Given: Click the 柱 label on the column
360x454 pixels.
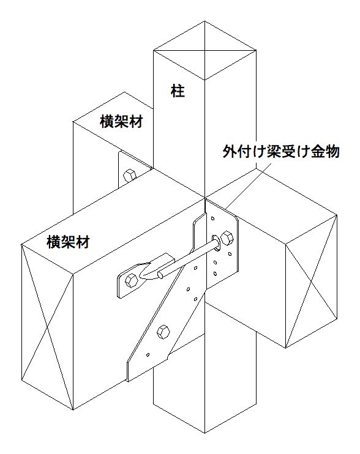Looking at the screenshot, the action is [178, 91].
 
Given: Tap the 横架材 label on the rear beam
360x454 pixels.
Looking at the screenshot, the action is [121, 121].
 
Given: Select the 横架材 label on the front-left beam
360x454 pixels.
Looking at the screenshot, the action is [68, 242].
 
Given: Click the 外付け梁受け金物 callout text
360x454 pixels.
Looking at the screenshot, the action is [281, 151].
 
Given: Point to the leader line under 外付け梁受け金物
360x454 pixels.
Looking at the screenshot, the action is [247, 185].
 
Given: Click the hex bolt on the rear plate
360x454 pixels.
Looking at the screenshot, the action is [129, 176].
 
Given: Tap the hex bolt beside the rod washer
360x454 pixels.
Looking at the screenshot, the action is [227, 238].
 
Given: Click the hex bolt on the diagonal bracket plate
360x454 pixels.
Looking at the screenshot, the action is [163, 332].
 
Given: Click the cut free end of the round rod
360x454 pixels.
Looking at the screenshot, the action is [160, 274].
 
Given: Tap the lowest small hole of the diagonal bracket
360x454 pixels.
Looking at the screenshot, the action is [148, 354].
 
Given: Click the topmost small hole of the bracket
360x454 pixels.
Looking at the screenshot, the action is [212, 218].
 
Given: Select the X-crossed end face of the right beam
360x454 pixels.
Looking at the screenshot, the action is [312, 281].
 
